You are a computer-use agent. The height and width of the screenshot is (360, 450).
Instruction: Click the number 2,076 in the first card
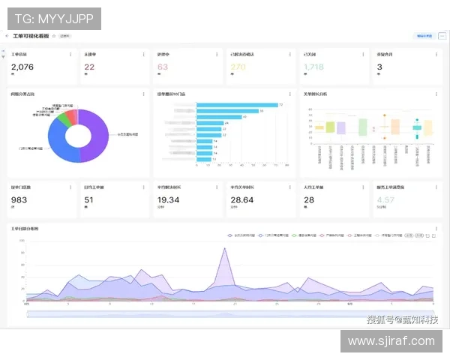(x=23, y=67)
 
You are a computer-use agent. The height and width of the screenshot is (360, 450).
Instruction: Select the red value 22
(x=89, y=67)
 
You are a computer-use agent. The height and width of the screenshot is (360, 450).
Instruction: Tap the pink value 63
(x=163, y=67)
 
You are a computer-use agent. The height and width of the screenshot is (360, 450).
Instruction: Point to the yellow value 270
(x=238, y=67)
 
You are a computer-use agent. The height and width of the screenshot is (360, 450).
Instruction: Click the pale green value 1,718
(x=313, y=67)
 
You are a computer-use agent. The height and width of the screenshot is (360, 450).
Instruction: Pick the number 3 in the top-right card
(x=379, y=67)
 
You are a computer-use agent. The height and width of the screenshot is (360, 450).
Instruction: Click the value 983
(x=19, y=199)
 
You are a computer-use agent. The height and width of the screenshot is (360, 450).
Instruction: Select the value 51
(x=88, y=199)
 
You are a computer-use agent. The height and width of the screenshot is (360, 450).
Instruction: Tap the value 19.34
(x=168, y=199)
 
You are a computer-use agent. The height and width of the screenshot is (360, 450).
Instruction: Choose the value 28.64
(x=241, y=199)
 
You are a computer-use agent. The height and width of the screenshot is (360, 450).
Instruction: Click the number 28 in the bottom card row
(x=309, y=199)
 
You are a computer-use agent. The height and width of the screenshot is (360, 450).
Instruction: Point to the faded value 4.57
(x=385, y=199)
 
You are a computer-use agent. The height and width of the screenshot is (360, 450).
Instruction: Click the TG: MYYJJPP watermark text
(x=54, y=19)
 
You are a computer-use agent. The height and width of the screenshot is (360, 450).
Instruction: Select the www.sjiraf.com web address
(x=391, y=341)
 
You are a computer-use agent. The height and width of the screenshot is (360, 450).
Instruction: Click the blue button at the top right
(x=423, y=35)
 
